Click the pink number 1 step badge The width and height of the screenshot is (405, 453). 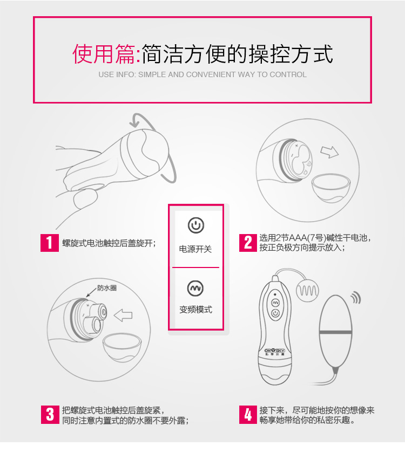click(50, 243)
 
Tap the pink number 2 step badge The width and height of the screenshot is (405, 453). click(248, 243)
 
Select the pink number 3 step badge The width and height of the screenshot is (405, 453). click(50, 415)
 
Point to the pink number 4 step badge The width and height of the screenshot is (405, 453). click(248, 415)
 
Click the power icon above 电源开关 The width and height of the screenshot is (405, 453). click(196, 225)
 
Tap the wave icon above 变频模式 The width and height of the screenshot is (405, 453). click(195, 288)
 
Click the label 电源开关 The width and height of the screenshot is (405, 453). click(195, 249)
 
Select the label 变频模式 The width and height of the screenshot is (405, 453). click(195, 310)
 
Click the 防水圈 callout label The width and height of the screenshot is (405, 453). click(107, 288)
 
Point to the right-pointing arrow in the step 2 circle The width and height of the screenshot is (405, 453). click(329, 152)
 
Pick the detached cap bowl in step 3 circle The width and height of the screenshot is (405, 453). click(122, 347)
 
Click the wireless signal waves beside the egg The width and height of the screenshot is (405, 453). click(356, 298)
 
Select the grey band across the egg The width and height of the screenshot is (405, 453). click(335, 332)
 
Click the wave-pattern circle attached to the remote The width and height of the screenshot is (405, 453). click(307, 291)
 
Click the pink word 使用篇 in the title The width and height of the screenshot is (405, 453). click(104, 54)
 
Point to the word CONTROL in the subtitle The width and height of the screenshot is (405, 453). click(288, 74)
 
